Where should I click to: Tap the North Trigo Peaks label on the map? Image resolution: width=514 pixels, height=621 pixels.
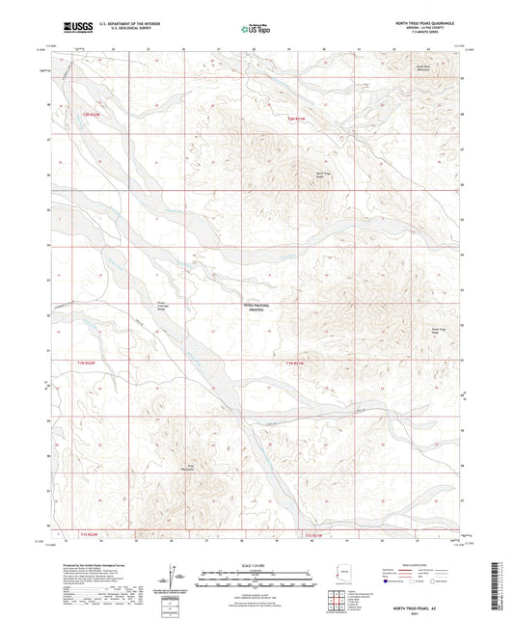coord(327,175)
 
